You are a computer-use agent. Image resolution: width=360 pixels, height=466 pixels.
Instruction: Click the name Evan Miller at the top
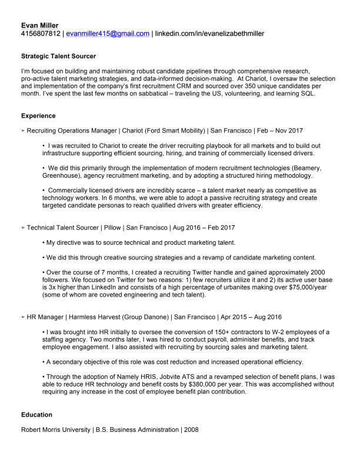(x=39, y=25)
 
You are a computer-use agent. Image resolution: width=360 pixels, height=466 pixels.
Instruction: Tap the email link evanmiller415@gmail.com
(x=108, y=34)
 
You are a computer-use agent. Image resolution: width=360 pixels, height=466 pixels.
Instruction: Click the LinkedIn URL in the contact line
(x=209, y=34)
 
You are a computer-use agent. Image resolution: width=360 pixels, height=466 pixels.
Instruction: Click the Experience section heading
(x=38, y=116)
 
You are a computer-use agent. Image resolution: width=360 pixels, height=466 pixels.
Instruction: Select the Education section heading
(x=36, y=415)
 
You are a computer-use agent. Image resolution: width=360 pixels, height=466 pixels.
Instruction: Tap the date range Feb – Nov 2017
(x=281, y=130)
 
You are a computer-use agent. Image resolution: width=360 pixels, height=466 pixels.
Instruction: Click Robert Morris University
(x=55, y=430)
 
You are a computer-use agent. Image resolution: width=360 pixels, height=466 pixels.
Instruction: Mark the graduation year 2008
(x=191, y=430)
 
